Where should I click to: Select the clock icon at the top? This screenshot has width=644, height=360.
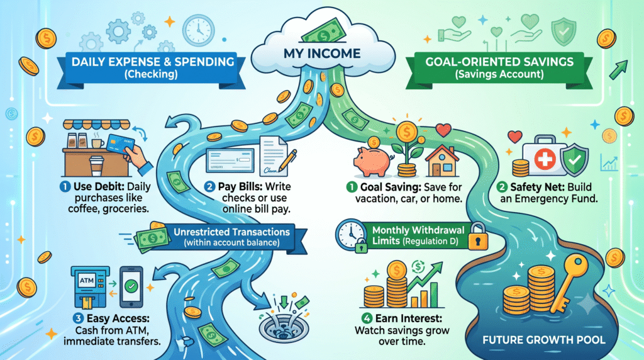tap(198, 30)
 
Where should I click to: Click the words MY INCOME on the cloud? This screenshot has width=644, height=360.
tap(322, 53)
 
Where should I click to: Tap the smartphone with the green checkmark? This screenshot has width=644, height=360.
tap(131, 286)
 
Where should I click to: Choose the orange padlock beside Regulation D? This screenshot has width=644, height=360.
tap(477, 237)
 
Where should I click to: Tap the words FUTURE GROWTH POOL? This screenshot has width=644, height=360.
tap(544, 340)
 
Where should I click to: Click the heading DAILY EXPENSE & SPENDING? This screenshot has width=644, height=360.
tap(153, 62)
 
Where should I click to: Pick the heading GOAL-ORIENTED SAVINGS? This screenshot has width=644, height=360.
tap(499, 62)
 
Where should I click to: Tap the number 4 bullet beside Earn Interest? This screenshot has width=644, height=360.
tap(367, 318)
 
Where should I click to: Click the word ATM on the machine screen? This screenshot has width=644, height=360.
tap(87, 281)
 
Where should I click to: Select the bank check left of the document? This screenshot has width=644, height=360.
tap(230, 160)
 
